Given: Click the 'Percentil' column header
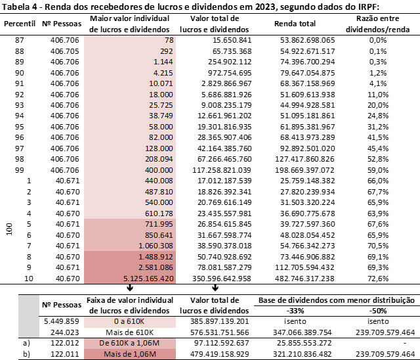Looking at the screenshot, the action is [20, 24].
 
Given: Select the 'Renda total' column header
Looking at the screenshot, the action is [295, 24].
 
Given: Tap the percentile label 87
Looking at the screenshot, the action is [20, 40].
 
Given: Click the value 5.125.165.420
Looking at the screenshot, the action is [148, 279].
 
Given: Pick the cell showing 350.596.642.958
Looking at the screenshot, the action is [222, 279].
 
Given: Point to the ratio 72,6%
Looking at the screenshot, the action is [378, 279].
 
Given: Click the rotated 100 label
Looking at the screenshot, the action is [9, 229].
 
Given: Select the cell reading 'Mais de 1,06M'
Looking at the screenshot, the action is [130, 354].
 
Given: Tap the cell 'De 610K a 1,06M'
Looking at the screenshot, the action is [130, 343].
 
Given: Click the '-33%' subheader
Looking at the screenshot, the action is [295, 311].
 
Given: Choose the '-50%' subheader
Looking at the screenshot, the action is [378, 311].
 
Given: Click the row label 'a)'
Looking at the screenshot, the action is [26, 343].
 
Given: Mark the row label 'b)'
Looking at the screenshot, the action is [26, 354].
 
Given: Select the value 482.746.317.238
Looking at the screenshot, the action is [304, 279].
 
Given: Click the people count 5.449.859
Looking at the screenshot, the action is [62, 321].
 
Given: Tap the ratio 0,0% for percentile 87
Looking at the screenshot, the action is [378, 40].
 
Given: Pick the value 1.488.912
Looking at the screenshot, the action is [156, 257].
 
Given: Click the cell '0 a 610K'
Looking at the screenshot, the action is [130, 321].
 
